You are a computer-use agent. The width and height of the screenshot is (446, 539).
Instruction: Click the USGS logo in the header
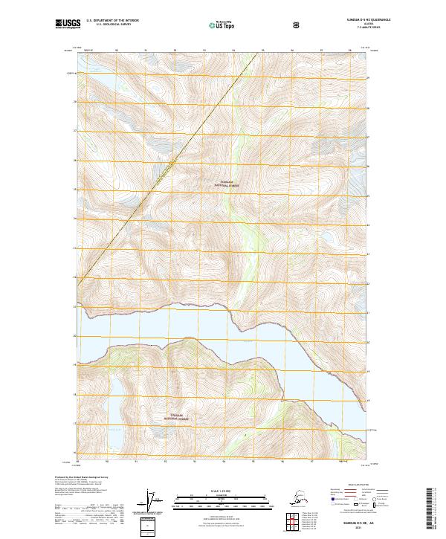click(66, 25)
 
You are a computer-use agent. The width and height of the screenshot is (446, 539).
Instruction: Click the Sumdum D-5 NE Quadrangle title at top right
click(348, 20)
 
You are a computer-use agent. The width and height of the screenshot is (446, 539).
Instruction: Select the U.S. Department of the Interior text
click(113, 21)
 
